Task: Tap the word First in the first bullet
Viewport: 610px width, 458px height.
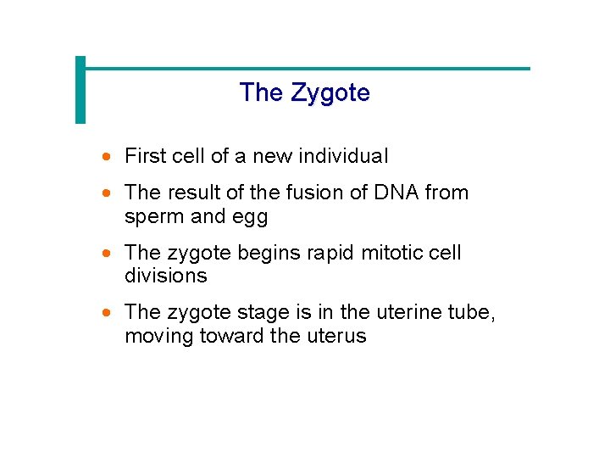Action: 145,156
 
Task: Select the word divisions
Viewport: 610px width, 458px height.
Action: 165,276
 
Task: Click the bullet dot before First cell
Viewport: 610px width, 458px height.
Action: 106,157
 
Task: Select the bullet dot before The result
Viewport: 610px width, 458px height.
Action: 106,193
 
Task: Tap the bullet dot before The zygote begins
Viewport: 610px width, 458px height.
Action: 106,254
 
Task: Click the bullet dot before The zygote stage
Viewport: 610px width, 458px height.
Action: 106,313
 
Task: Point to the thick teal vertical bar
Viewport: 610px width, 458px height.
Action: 80,90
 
